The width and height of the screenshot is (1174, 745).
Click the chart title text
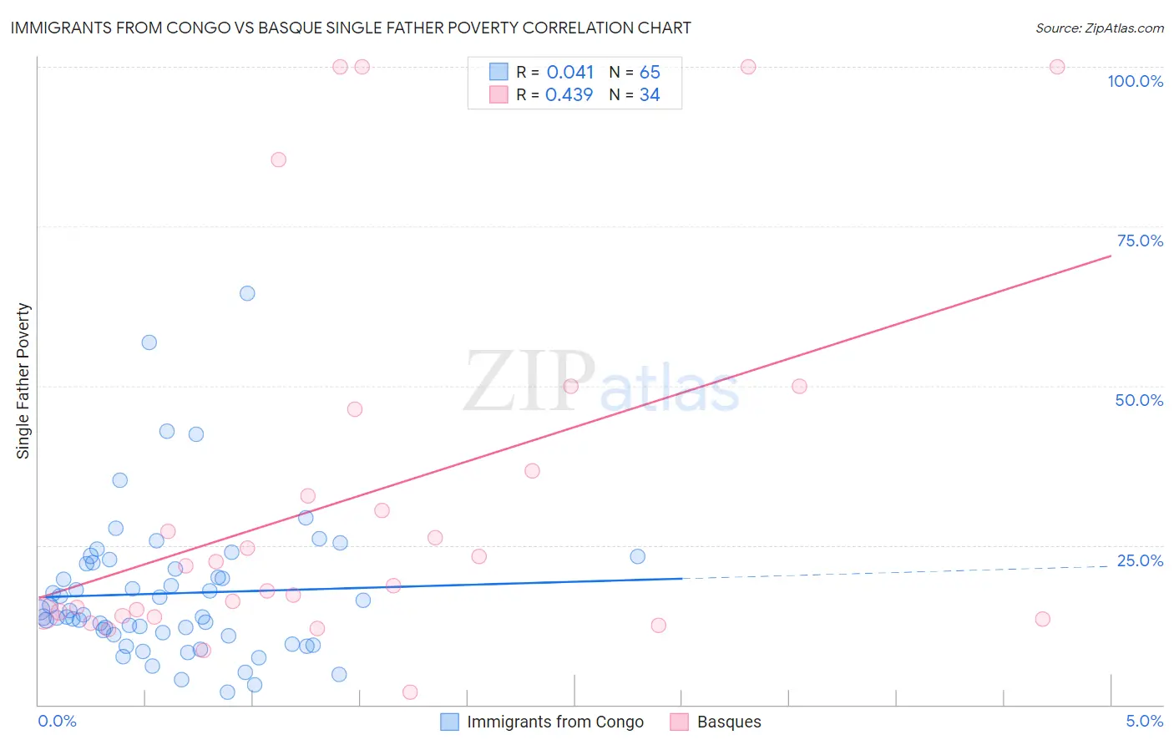coord(351,28)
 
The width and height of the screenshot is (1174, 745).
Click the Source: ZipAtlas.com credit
coord(1099,28)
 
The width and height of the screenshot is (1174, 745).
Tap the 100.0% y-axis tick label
coord(1135,81)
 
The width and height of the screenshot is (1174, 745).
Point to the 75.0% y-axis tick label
coord(1140,241)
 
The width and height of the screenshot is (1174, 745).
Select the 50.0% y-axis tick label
coord(1139,400)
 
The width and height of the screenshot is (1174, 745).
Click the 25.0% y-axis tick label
coord(1140,560)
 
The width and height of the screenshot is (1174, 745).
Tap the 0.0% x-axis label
coord(57,721)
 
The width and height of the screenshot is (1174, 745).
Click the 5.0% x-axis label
coord(1144,721)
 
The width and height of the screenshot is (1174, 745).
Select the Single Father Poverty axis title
coord(23,381)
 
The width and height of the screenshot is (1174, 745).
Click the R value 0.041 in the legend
coord(569,73)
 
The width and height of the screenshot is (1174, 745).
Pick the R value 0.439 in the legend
coord(569,95)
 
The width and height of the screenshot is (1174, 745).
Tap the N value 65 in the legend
coord(650,73)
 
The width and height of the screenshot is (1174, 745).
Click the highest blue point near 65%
coord(247,293)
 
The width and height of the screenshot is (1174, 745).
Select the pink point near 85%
coord(279,160)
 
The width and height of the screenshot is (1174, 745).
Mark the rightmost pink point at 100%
coord(1057,67)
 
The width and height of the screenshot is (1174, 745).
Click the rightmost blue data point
coord(638,556)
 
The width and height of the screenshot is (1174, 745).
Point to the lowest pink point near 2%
coord(410,692)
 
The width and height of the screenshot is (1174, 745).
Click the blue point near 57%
coord(149,342)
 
